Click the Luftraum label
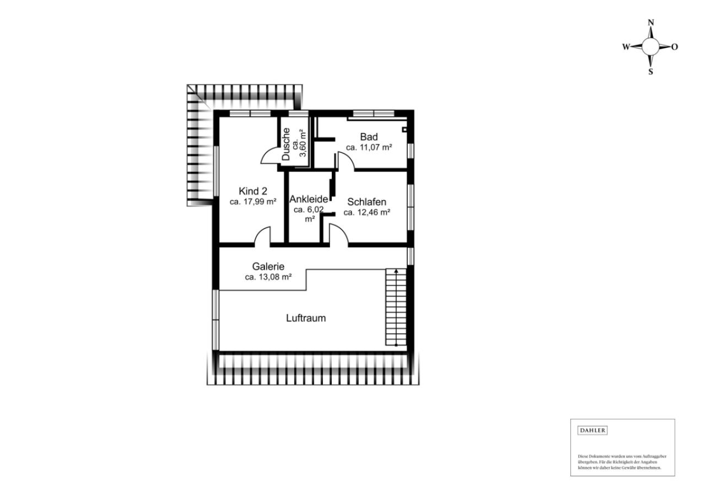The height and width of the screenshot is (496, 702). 306,318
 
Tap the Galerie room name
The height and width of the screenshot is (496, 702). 268,267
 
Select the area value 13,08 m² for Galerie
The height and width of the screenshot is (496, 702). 268,277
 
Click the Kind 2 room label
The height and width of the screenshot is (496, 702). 253,191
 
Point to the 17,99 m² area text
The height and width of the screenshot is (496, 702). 253,202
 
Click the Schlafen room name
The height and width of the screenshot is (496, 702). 366,202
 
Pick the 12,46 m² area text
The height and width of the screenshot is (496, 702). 366,212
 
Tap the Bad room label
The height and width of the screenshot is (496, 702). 369,137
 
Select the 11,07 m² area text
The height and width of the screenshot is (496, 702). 369,147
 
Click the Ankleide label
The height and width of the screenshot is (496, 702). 309,199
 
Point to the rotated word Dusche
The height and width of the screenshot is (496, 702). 286,144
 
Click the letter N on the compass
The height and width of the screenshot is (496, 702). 651,23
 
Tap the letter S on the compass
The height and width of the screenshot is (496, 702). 651,72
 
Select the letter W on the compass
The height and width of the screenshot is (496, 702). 626,47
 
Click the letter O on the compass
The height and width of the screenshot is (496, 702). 675,47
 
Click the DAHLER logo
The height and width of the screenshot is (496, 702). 592,430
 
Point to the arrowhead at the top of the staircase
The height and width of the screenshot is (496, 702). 396,271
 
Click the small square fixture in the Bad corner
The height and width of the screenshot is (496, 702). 404,129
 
